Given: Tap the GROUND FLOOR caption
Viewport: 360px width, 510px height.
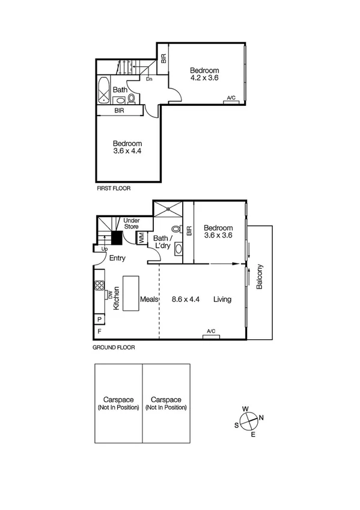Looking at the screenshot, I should click(x=114, y=348).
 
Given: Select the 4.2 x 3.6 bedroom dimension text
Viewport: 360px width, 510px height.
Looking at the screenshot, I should click(x=204, y=78).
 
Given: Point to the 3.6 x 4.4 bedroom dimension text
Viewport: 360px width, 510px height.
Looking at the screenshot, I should click(x=127, y=151).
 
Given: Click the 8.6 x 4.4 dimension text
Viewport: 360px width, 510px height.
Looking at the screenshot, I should click(x=186, y=299).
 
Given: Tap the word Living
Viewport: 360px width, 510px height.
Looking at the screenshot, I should click(x=222, y=299).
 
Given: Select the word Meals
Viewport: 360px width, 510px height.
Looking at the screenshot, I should click(x=149, y=299).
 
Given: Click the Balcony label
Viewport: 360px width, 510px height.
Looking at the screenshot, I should click(x=260, y=277).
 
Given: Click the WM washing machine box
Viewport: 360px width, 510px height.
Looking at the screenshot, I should click(x=141, y=238).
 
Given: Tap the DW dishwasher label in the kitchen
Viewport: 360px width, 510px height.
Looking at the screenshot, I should click(x=109, y=294).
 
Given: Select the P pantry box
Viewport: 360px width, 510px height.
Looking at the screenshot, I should click(x=99, y=319).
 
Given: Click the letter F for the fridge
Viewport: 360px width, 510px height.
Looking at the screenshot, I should click(x=99, y=331).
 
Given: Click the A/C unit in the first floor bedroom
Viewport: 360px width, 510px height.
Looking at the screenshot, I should click(x=231, y=99).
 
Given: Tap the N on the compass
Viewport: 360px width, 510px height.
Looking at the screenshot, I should click(x=261, y=419).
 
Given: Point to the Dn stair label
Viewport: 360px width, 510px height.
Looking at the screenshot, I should click(x=148, y=78).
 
